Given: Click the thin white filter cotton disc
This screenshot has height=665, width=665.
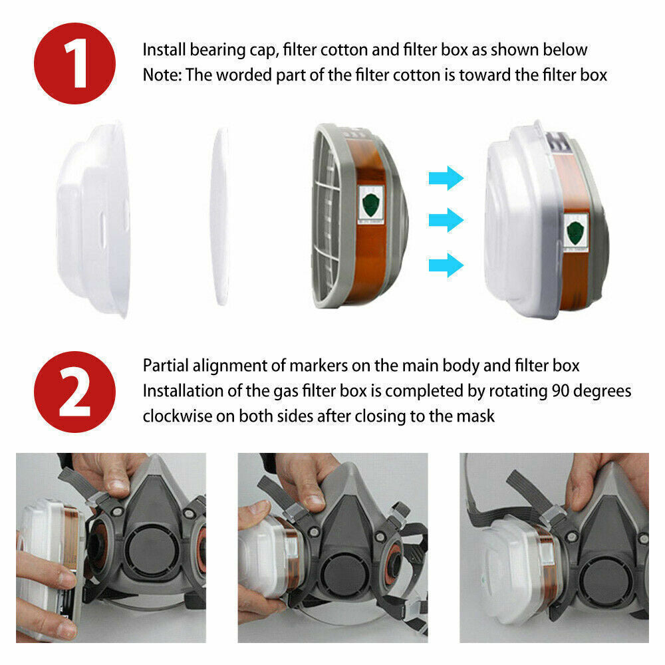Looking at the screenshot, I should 221,216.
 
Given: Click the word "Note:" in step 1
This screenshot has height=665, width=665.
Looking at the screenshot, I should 162,75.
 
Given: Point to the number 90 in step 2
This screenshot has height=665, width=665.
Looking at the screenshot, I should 560,390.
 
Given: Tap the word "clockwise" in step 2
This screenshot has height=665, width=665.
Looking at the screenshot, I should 176,416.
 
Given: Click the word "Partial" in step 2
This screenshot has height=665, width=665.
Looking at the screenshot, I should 164,366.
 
